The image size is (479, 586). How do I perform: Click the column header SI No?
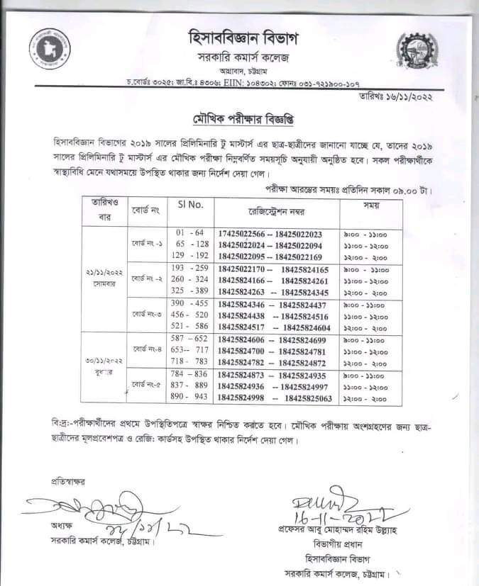(190, 205)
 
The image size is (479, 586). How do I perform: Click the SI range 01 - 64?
(189, 233)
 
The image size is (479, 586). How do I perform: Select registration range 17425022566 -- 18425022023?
(270, 235)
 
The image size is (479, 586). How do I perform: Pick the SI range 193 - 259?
(189, 269)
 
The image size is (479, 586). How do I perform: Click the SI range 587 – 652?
(189, 339)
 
